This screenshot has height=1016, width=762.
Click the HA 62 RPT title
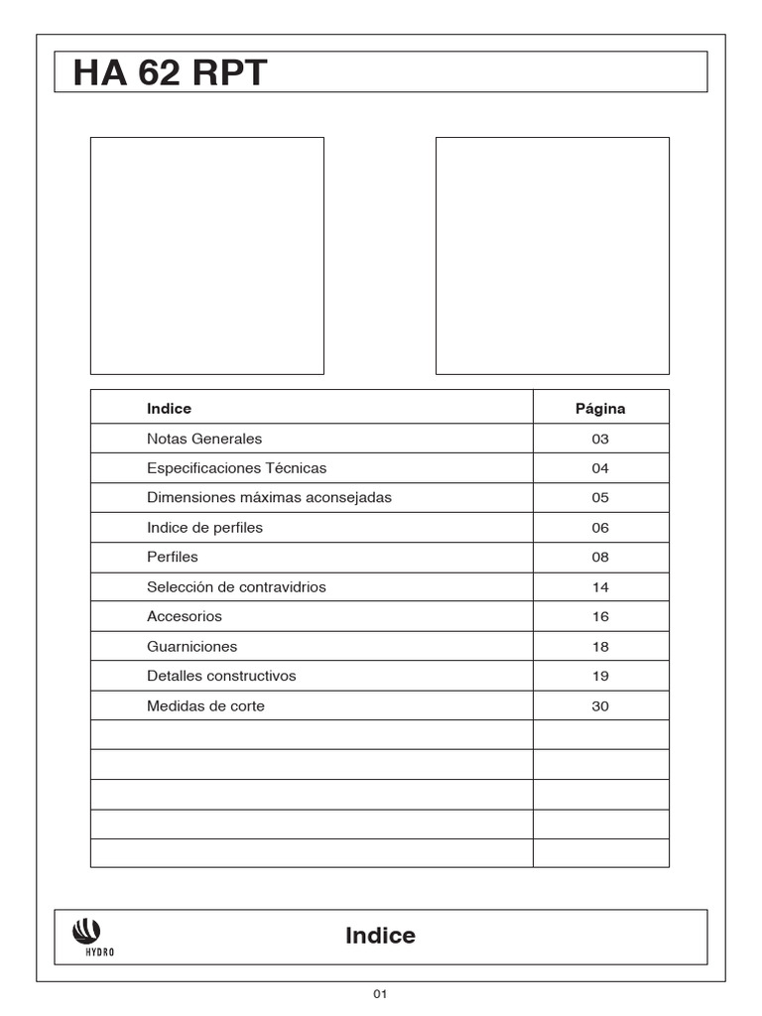[170, 73]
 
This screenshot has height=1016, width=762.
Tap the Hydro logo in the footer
[86, 935]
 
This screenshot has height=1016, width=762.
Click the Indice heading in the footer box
[380, 936]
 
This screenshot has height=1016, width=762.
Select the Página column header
[600, 409]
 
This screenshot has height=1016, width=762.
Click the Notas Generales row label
[204, 439]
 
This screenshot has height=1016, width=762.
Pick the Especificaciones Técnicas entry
[236, 468]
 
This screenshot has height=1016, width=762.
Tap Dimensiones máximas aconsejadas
[269, 498]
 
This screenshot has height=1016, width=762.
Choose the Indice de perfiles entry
[204, 528]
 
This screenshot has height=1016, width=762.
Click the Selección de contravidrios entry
[236, 587]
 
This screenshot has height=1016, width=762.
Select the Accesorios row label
[185, 617]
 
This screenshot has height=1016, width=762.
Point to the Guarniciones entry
[191, 647]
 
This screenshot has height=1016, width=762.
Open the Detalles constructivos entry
[221, 677]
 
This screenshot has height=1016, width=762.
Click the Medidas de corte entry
[205, 706]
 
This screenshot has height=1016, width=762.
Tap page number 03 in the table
[600, 439]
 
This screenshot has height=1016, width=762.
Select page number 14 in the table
[600, 587]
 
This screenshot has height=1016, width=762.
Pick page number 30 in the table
[600, 706]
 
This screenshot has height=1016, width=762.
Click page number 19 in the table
[600, 677]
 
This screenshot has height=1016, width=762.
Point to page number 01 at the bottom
[380, 994]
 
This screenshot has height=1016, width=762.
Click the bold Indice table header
[169, 409]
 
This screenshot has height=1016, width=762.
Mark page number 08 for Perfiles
[600, 558]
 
